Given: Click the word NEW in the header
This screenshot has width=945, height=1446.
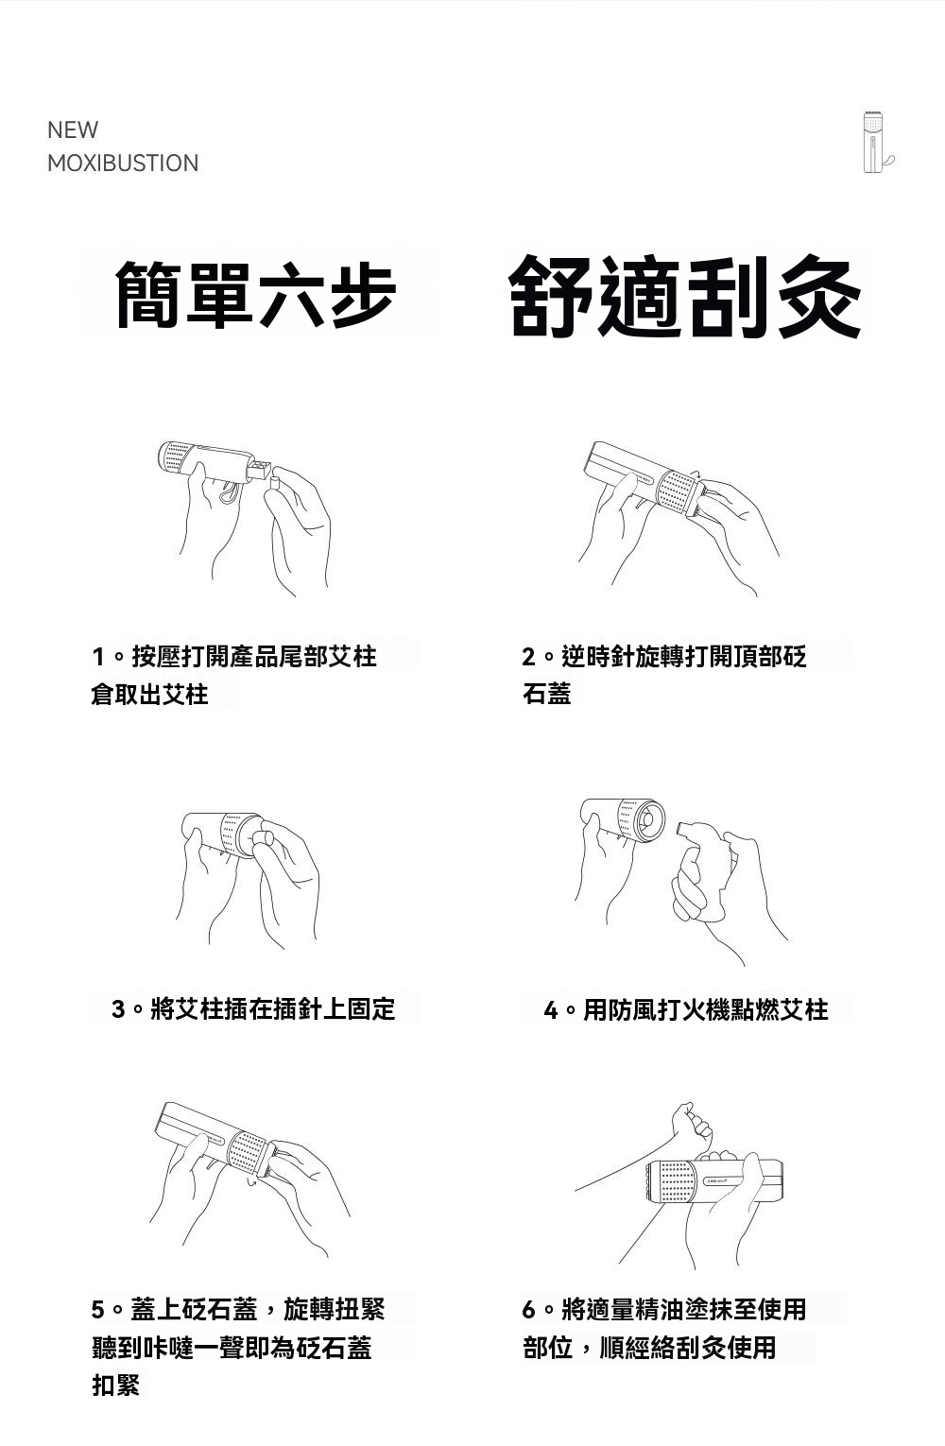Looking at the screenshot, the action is (x=73, y=129).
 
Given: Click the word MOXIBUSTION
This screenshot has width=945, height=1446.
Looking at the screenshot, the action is (x=123, y=163).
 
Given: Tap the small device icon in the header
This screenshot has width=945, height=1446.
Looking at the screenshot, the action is (x=877, y=142).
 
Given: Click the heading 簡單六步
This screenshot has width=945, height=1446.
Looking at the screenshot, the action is (x=255, y=294).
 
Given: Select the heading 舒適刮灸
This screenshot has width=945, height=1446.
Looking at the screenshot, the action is (x=685, y=297).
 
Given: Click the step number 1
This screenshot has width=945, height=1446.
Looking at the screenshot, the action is (x=98, y=657).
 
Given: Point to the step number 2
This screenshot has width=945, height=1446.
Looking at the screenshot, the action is (x=528, y=657).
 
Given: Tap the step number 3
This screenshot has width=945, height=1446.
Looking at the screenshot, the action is (x=118, y=1008).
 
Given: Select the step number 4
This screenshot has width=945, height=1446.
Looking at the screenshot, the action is (x=551, y=1010).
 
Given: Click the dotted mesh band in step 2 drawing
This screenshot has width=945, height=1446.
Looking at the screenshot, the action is (x=675, y=490).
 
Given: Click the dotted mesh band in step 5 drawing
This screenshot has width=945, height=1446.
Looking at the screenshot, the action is (x=247, y=1154).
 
